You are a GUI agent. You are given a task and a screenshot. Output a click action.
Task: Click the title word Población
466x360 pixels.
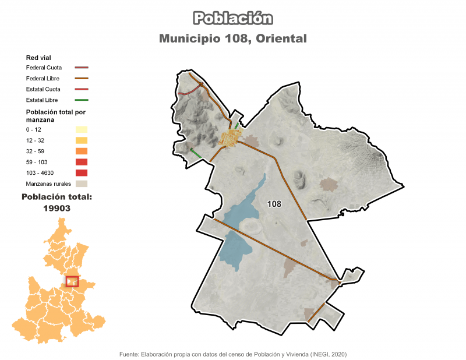(x=233, y=19)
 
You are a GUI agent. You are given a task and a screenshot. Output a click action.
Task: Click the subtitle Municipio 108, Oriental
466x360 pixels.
(x=233, y=38)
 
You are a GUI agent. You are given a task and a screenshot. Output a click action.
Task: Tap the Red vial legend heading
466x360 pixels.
(x=38, y=58)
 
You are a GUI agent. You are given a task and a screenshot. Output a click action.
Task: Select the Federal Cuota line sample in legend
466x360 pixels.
(x=81, y=68)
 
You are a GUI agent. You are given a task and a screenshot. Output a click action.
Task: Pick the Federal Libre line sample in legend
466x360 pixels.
(x=81, y=78)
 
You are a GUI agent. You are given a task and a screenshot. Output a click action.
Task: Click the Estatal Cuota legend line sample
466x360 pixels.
(x=81, y=89)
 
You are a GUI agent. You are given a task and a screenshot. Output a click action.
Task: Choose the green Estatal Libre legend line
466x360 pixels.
(x=81, y=100)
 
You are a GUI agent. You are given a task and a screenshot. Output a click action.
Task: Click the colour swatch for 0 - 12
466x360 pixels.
(x=81, y=130)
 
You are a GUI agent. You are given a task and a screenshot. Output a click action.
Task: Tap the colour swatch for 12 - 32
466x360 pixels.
(x=81, y=140)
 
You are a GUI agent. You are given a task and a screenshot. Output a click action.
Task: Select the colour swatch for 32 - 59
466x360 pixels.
(x=81, y=151)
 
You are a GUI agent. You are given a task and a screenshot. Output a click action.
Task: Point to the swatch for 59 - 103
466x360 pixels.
(x=81, y=162)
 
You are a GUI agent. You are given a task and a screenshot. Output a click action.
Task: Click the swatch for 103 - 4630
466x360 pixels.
(x=81, y=172)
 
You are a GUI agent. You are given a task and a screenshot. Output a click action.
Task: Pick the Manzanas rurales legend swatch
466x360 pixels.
(x=81, y=183)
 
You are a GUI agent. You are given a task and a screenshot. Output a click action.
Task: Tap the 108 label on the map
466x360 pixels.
(x=274, y=204)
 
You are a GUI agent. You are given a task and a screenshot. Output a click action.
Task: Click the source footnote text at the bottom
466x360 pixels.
(x=233, y=354)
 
